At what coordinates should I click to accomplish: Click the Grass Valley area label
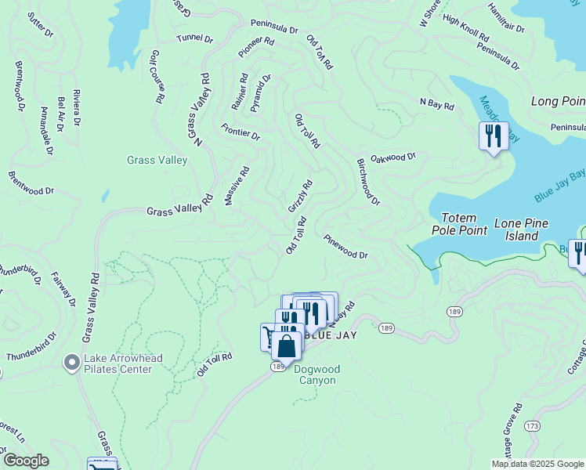(157, 161)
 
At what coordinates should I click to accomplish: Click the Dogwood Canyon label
(314, 374)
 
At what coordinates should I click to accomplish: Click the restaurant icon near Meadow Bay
(494, 136)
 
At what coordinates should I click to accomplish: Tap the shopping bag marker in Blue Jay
(288, 346)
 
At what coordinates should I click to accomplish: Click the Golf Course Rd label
(157, 77)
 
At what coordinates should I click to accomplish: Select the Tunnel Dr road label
(194, 38)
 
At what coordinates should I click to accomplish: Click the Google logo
(26, 461)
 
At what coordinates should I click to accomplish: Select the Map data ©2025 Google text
(537, 464)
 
